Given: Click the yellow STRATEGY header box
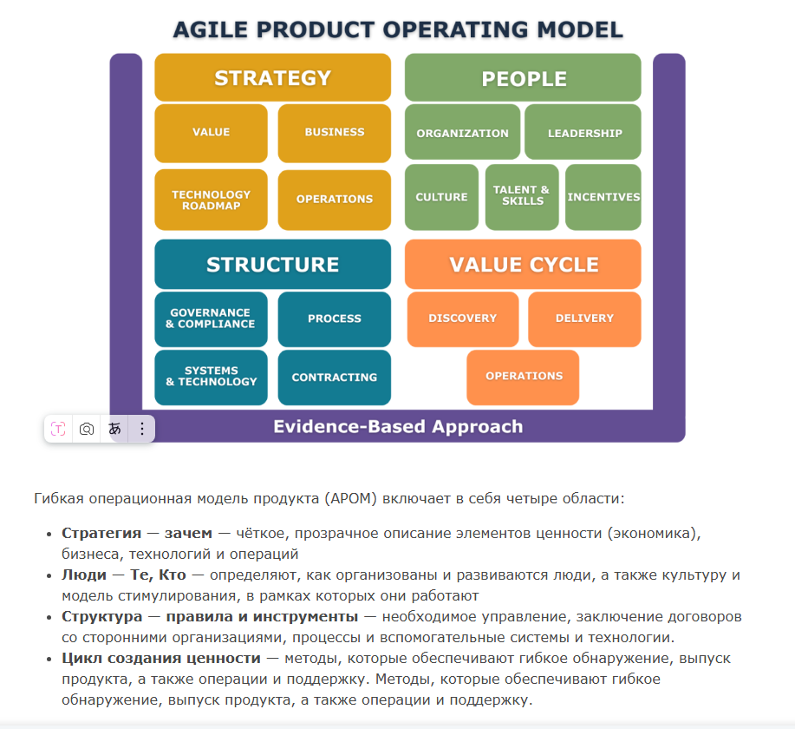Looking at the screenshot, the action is pos(273,77).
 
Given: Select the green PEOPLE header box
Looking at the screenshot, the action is pos(523,77).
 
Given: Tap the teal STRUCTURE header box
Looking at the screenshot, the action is pos(273,264).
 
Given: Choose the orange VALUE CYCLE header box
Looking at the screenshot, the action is pos(523,264).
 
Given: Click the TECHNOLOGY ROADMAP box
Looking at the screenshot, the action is pos(211,200).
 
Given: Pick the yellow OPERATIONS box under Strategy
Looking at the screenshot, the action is pos(335,200).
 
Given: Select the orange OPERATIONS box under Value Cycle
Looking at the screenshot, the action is pos(523,378).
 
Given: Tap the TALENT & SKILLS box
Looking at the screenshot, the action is pos(522,197).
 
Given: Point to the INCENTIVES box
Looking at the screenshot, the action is pos(603,197).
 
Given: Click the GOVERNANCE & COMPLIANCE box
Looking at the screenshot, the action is pos(211,319).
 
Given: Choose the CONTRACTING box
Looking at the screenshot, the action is pos(335,378).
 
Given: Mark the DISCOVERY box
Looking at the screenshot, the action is pos(463,319).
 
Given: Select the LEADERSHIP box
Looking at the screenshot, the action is pos(583,132).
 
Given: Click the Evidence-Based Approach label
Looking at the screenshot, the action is pos(398,426).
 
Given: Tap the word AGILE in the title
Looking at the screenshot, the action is pos(211,30).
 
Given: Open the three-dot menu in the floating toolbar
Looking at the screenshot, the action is pos(142,429).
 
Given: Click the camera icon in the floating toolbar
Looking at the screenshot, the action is pos(87,429).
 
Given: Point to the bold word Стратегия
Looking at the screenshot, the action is pos(101,533).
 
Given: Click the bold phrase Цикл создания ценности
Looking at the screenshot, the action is pos(161,658).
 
